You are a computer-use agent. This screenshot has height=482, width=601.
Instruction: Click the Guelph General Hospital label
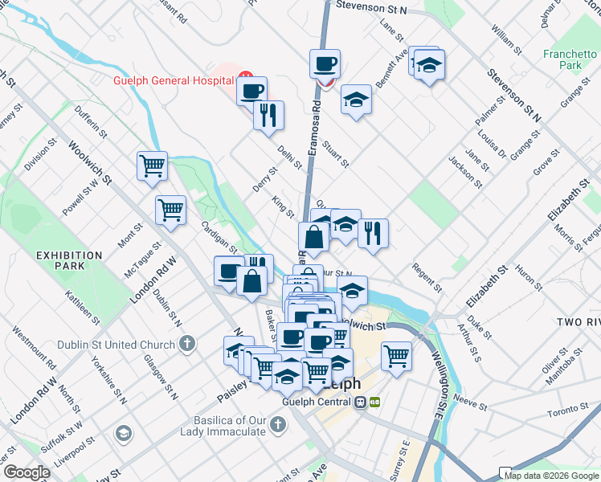(174, 80)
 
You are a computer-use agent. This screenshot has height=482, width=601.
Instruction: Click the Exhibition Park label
(69, 260)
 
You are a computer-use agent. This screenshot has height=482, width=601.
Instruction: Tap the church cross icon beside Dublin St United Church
(187, 345)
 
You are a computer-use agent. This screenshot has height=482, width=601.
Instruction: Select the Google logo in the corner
(27, 472)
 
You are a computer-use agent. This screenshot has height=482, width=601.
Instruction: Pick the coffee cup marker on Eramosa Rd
(325, 63)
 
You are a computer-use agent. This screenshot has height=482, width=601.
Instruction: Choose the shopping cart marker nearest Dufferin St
(152, 166)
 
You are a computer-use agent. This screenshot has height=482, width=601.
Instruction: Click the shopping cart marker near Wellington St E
(396, 356)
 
